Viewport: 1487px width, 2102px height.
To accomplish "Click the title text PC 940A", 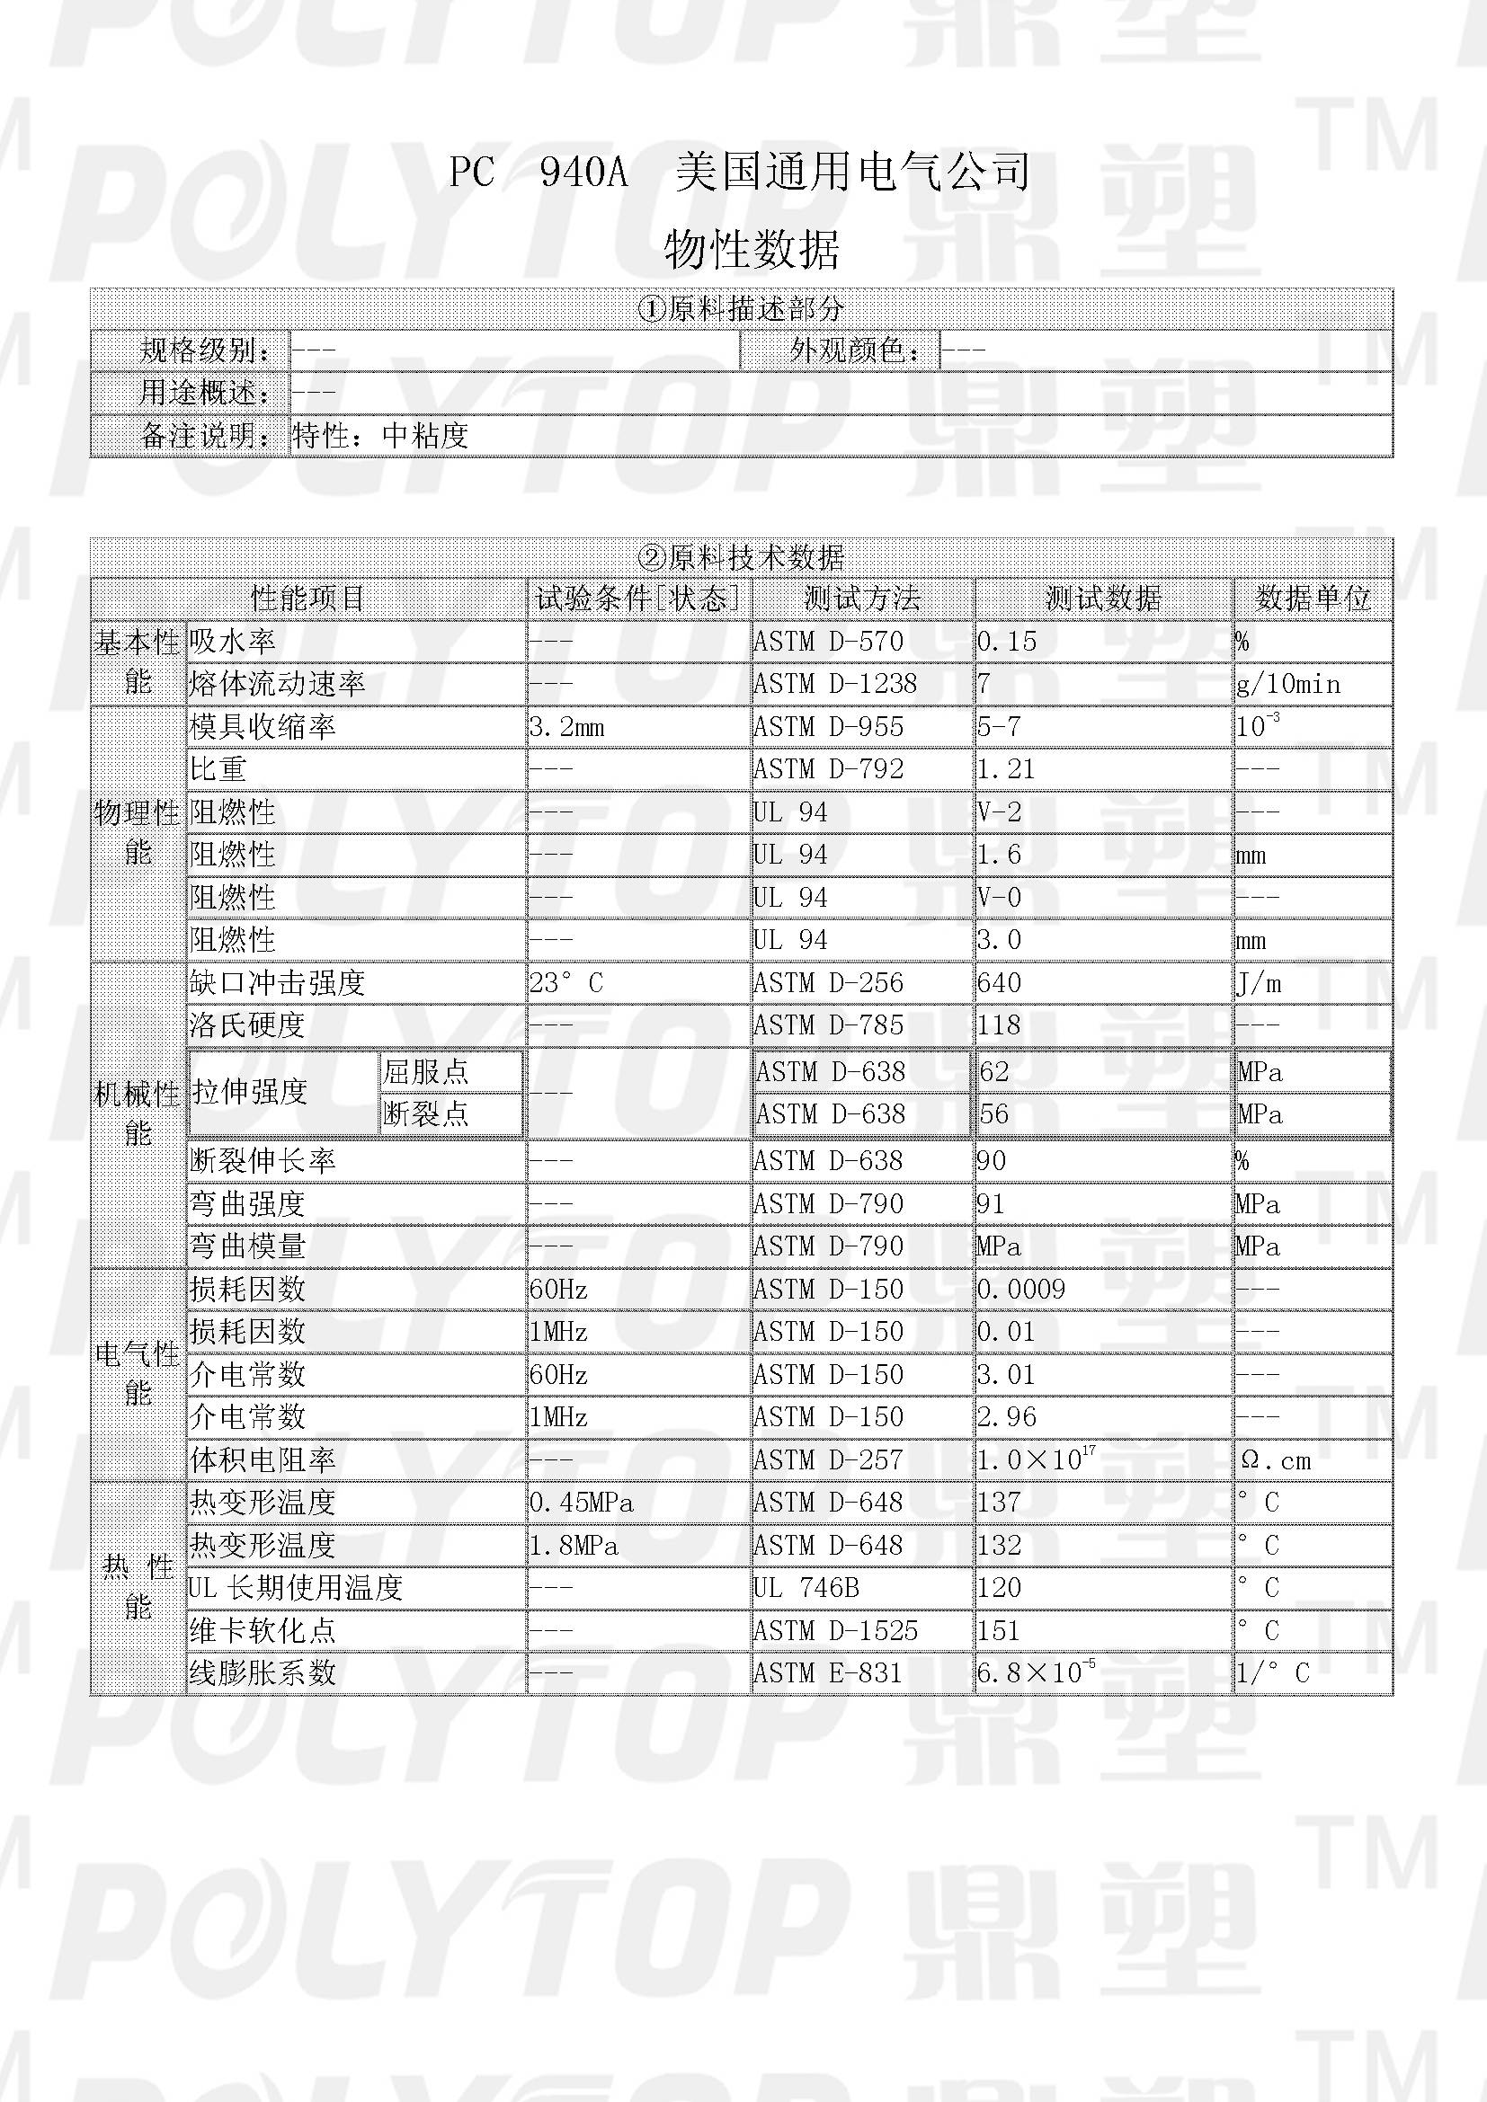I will point(539,173).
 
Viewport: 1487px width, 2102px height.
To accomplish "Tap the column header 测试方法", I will point(861,599).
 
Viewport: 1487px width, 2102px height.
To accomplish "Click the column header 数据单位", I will point(1312,599).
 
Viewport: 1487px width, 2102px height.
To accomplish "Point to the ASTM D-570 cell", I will point(828,642).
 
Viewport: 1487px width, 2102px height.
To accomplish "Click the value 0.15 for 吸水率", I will point(1006,642).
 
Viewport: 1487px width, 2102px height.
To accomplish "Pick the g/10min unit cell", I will point(1287,685).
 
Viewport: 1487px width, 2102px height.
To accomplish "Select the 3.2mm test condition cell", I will point(566,728).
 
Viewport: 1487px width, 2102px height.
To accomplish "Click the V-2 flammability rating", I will point(999,812).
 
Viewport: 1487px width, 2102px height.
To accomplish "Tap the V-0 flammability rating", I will point(999,897).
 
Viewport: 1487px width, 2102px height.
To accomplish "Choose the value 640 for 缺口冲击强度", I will point(999,983).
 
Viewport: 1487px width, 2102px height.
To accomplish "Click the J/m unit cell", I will point(1259,983).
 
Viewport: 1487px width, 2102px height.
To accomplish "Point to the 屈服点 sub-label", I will point(426,1071).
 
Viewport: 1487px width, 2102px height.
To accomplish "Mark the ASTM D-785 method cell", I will point(828,1025).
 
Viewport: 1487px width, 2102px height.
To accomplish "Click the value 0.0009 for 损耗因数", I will point(1021,1290).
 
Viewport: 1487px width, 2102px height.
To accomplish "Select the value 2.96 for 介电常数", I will point(1006,1417).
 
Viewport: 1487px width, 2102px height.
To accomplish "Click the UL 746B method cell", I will point(806,1587).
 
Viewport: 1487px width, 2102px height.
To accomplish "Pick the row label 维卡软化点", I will point(262,1630).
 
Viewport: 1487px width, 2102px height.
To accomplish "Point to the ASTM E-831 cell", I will point(828,1673).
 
